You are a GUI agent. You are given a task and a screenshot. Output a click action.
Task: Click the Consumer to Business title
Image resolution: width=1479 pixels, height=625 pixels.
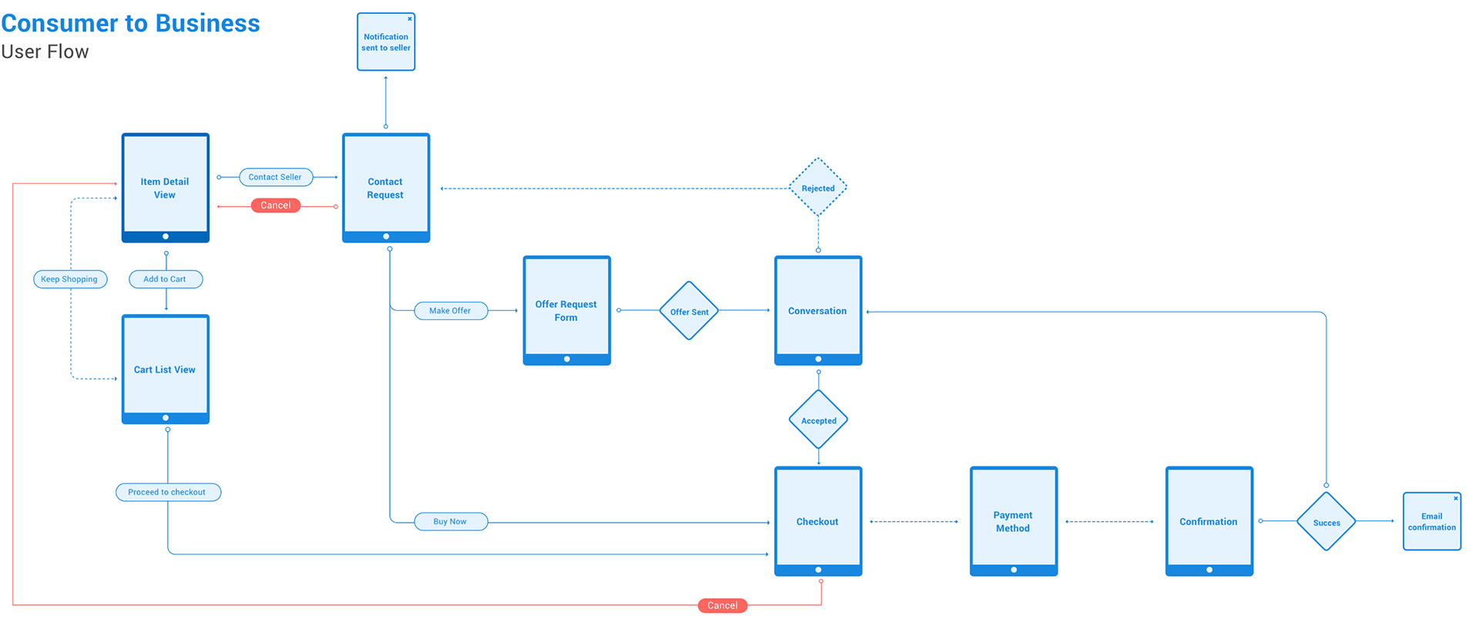[130, 23]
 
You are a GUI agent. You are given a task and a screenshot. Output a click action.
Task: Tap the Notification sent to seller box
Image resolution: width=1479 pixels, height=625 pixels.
[386, 42]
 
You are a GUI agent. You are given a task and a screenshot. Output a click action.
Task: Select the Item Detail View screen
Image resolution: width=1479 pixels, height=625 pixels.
[166, 188]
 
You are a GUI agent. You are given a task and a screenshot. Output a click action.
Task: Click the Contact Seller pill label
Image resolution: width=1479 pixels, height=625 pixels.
[276, 177]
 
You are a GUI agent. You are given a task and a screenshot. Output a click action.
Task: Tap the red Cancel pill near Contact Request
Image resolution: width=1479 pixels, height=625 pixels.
[276, 206]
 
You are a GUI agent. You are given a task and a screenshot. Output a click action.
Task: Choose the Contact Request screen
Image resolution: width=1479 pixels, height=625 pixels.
[386, 188]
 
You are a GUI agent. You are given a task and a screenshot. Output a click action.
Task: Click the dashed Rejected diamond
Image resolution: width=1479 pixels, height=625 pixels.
[818, 188]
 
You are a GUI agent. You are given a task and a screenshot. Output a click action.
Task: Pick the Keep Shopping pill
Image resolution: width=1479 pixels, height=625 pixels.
[70, 279]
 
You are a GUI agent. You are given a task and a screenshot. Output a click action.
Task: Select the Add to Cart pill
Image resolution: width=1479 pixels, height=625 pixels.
[166, 279]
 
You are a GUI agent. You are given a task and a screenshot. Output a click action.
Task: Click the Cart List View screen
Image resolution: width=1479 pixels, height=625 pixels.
[166, 369]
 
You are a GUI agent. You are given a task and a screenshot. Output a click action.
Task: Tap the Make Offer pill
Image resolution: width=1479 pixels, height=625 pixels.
[451, 311]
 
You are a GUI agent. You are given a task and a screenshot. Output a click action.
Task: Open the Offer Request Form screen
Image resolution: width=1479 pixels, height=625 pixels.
[567, 310]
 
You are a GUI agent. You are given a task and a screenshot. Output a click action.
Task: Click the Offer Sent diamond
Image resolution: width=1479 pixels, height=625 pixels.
[689, 311]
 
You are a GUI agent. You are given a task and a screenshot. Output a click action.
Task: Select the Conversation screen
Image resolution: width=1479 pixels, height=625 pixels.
[818, 310]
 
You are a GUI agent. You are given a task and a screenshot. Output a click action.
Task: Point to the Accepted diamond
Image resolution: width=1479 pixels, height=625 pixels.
[818, 419]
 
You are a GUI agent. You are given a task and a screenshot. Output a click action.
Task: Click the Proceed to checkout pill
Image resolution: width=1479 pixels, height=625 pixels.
[168, 492]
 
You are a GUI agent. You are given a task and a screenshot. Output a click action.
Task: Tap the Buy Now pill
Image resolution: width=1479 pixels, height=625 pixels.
[451, 522]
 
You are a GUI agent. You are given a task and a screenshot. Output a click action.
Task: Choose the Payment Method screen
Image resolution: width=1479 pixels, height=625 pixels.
[1014, 521]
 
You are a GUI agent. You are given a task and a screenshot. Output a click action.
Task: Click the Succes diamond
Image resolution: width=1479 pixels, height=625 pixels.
[1326, 522]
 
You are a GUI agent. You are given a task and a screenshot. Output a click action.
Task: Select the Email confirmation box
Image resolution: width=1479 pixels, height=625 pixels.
[1432, 521]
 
